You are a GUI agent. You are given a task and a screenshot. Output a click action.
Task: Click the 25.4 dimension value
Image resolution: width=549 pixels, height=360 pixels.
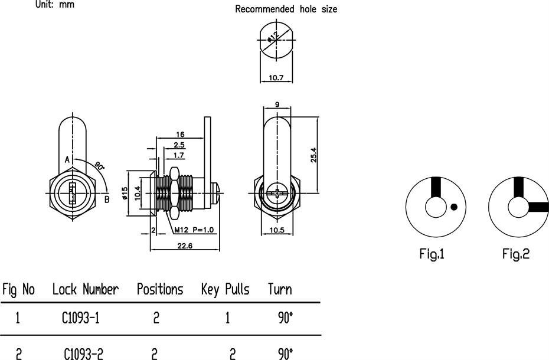pos(314,155)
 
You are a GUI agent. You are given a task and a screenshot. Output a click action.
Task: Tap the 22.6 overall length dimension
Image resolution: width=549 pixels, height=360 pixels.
pos(185,246)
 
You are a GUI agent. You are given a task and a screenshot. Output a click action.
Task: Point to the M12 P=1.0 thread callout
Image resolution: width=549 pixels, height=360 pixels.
pos(195,230)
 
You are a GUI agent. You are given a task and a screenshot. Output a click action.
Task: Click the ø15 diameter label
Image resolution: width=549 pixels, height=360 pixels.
pos(125,193)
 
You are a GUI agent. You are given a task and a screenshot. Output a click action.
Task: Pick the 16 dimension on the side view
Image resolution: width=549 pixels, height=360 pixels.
pos(180,135)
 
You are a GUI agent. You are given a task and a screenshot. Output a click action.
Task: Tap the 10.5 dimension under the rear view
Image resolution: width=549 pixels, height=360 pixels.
pos(277,229)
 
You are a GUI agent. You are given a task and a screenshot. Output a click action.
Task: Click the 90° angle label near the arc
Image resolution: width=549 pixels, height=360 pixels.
pos(100,167)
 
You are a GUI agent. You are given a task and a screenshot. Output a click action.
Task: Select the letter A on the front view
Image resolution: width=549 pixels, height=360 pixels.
pos(67,160)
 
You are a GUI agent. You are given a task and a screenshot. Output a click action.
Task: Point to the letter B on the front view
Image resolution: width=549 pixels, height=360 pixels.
pos(107,199)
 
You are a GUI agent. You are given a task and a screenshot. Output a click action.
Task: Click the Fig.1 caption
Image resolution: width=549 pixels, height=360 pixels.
pos(432,254)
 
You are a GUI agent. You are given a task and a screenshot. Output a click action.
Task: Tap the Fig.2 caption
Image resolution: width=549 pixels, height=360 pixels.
pos(516,254)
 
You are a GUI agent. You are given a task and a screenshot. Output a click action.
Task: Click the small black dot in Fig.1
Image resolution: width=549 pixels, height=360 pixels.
pos(453,207)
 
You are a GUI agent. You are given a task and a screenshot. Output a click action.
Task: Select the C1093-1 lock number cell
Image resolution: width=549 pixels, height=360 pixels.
pos(80,318)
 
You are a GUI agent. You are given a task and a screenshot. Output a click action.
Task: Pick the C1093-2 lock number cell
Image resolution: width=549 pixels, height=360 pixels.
pos(80,354)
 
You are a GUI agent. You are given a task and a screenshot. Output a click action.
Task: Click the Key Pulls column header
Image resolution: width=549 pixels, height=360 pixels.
pos(225,289)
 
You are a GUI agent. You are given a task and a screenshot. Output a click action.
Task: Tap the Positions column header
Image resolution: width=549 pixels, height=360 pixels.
pos(160,289)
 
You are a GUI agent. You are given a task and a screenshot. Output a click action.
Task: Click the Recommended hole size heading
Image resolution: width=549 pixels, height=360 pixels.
pos(286,9)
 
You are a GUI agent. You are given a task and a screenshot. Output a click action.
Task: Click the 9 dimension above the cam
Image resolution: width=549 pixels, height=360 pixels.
pos(277,105)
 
